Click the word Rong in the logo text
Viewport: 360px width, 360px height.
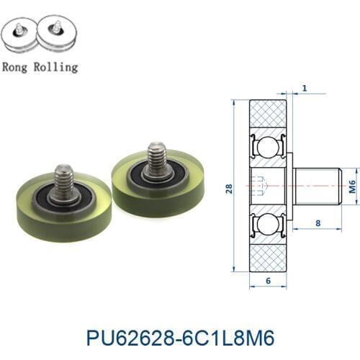[17, 68]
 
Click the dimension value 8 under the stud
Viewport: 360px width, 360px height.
[317, 224]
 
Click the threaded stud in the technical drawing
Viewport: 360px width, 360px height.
[317, 185]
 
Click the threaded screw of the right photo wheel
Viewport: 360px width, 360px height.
[156, 158]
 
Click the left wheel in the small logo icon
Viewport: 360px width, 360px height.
[18, 36]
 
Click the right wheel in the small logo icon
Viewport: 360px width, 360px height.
[56, 35]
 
